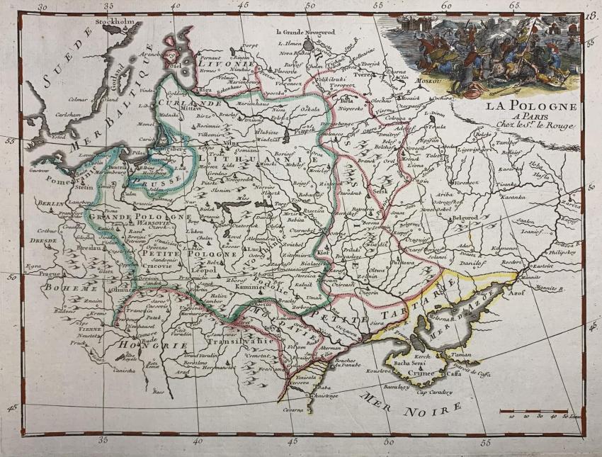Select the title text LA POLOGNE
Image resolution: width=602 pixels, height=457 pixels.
[530, 106]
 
